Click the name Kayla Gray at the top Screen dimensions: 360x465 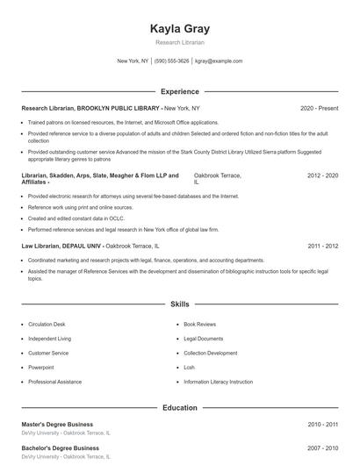[180, 29]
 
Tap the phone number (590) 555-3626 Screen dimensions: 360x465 [172, 61]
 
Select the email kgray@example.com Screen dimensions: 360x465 [219, 61]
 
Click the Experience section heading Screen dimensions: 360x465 [180, 91]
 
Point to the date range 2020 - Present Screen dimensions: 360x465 [319, 108]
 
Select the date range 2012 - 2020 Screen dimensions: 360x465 [322, 175]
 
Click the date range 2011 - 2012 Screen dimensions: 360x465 [322, 247]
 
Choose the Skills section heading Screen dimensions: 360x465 [180, 304]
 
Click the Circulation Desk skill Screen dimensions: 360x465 [47, 325]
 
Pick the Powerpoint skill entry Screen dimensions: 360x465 [40, 368]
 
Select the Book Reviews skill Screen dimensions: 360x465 [199, 325]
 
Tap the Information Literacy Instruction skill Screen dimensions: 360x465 [218, 382]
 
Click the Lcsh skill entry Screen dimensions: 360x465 [190, 368]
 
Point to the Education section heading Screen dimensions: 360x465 [180, 408]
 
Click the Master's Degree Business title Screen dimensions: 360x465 [57, 425]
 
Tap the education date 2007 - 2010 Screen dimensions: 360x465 [322, 448]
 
